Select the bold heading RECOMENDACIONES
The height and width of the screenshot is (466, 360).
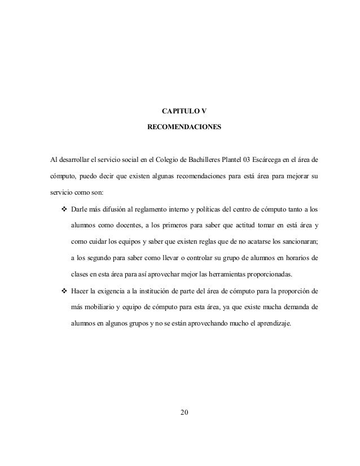(x=185, y=128)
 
